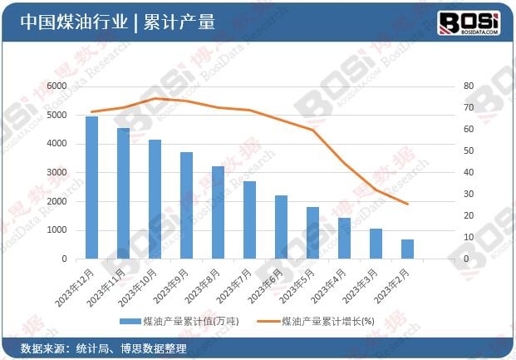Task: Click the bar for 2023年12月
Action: pos(91,188)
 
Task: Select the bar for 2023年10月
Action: pos(155,200)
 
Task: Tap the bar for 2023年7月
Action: pos(249,220)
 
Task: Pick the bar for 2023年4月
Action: pos(344,239)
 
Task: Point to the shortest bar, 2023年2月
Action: pos(407,249)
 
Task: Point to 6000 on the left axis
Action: pos(57,86)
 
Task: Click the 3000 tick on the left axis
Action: pos(57,172)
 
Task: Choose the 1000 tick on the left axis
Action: pos(57,230)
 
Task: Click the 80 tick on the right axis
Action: pos(468,86)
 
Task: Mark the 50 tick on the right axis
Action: pos(468,150)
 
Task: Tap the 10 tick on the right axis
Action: pos(468,237)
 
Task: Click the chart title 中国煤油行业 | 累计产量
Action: pos(116,22)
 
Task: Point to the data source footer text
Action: pos(103,348)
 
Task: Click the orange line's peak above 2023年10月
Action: pos(155,98)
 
